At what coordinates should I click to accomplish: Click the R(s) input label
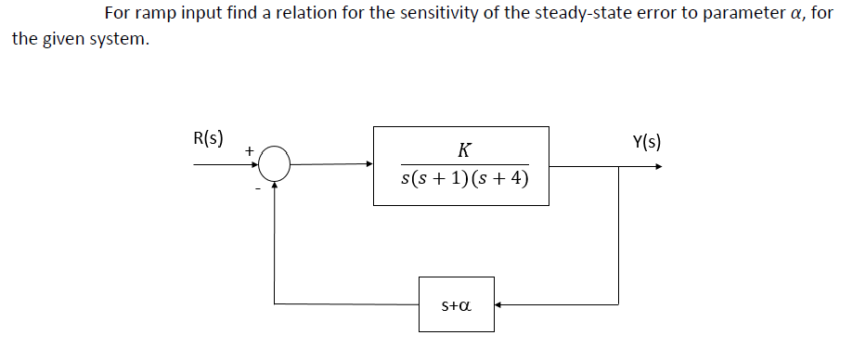207,139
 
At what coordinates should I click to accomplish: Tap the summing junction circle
275,166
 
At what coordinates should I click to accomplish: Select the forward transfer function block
460,165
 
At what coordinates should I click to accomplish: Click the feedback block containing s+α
456,303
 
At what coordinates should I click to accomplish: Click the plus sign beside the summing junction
249,148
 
